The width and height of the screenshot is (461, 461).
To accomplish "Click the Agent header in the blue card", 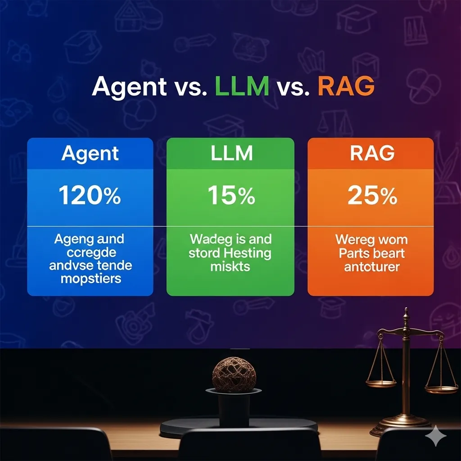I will [x=90, y=154].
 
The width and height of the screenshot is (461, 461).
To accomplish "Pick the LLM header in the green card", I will [x=231, y=154].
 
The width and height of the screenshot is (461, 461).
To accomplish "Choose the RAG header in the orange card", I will [x=372, y=154].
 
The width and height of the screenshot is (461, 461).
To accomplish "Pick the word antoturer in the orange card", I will [x=372, y=267].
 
